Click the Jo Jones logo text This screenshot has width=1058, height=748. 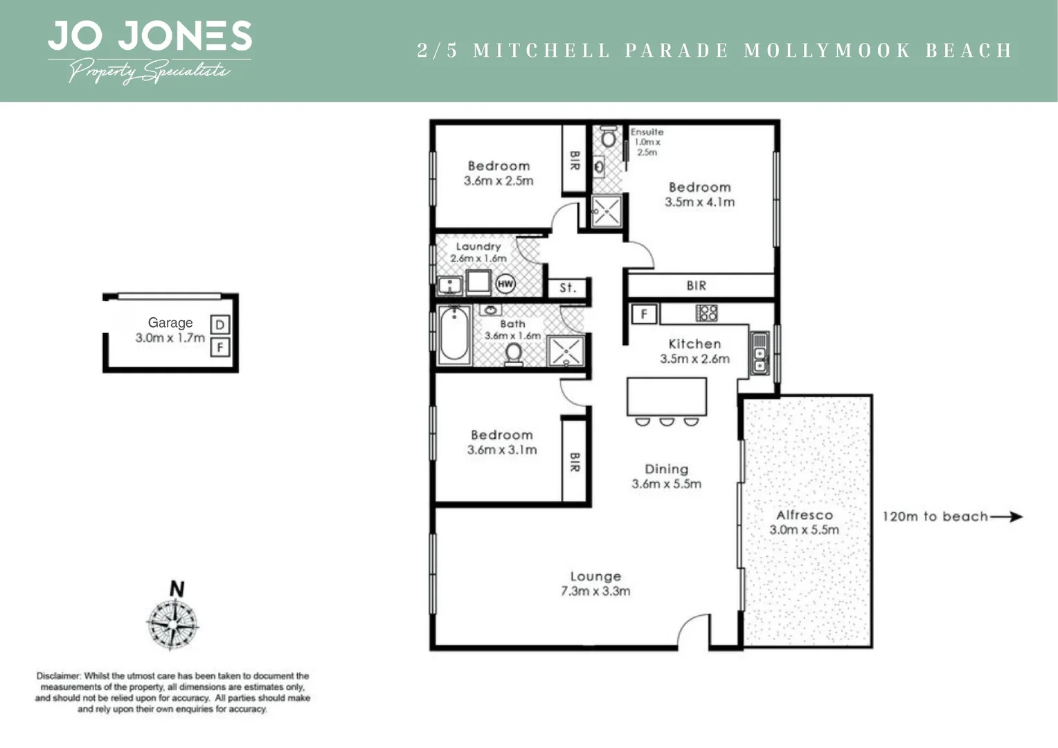(x=150, y=36)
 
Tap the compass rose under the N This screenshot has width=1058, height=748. (x=172, y=624)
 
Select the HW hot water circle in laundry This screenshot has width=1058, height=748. (x=505, y=283)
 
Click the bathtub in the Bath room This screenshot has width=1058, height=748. (x=454, y=335)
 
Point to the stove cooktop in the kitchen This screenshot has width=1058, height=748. (x=706, y=313)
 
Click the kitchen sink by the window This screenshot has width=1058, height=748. (x=760, y=353)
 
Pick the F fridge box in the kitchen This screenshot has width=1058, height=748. (x=644, y=314)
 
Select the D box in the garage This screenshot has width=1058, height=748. (x=219, y=325)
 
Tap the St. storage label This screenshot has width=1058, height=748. (x=568, y=287)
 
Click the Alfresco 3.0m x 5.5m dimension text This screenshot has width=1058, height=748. (x=804, y=530)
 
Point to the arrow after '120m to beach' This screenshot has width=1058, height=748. (x=1007, y=516)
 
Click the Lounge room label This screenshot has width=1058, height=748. (x=595, y=576)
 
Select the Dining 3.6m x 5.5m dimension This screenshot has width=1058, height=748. (x=666, y=484)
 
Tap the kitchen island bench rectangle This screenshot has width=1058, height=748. (x=666, y=396)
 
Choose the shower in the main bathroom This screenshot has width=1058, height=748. (x=566, y=350)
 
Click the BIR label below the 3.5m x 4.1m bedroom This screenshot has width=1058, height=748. (x=697, y=285)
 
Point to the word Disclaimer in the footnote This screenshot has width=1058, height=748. (x=59, y=675)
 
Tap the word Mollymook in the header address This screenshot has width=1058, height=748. (x=827, y=51)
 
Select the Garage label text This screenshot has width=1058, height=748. (x=170, y=323)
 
